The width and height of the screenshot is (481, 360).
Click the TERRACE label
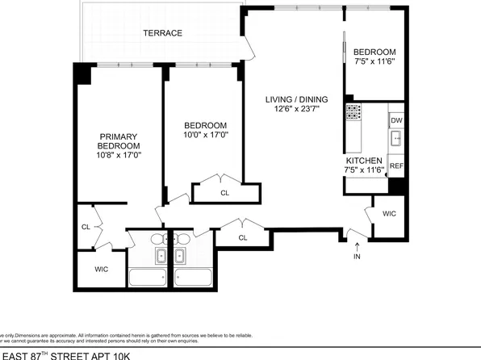[x=162, y=33]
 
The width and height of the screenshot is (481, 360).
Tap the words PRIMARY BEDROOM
[x=119, y=141]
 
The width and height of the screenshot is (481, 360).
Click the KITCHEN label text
[x=360, y=160]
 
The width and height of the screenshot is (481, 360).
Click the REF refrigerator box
[x=395, y=165]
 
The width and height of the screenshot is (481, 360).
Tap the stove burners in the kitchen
[x=353, y=113]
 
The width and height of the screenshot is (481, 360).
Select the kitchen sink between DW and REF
[x=395, y=140]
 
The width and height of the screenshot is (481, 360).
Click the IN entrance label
[x=357, y=257]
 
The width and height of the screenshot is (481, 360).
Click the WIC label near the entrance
[x=389, y=214]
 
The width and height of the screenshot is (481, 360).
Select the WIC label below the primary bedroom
[x=101, y=269]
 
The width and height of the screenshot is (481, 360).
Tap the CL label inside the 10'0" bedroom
[x=224, y=193]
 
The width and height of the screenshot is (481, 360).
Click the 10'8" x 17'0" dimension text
[x=119, y=156]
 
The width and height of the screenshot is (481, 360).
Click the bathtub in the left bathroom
[x=148, y=279]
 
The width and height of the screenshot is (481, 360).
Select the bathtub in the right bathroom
[x=194, y=279]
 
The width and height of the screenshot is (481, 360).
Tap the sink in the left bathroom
[x=159, y=257]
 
